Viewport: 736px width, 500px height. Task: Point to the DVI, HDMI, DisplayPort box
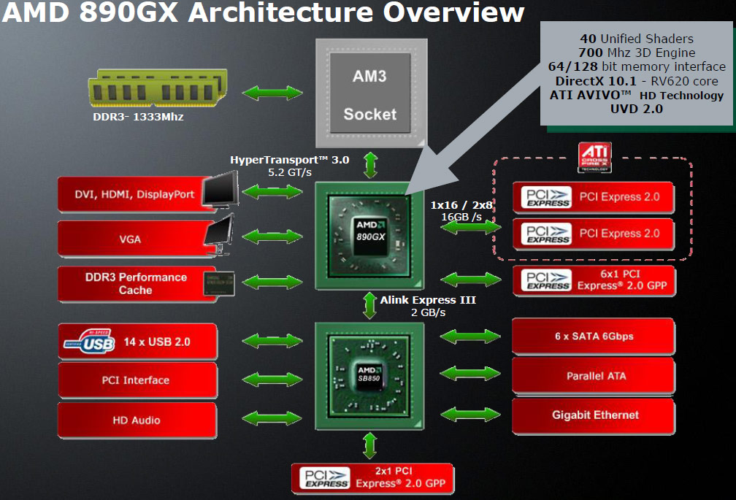pos(136,194)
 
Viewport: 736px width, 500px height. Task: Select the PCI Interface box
pos(137,380)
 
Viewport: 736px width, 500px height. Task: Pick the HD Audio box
pos(137,420)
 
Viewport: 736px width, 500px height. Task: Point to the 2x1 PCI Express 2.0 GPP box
pos(372,477)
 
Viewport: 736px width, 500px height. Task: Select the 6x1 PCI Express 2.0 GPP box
pos(594,280)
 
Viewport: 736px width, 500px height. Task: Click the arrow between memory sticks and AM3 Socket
pos(273,93)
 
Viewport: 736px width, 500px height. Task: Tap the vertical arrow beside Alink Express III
pos(369,305)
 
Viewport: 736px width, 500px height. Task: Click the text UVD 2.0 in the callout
pos(637,109)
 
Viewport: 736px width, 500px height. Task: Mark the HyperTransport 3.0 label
pos(290,160)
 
